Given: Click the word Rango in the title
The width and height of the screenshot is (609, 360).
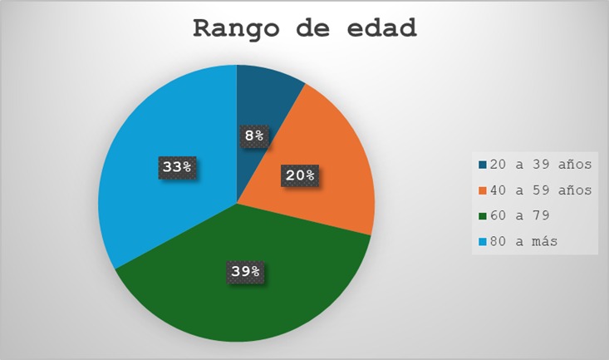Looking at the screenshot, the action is (236, 29).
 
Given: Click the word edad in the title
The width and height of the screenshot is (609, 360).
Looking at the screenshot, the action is (382, 28).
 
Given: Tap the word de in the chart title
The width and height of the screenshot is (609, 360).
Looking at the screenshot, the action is (313, 28).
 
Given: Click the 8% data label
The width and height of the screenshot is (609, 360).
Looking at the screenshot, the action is (254, 136).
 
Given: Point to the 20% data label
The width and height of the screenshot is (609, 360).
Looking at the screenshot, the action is (300, 175).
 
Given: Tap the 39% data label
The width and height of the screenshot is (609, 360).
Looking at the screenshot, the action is (245, 271).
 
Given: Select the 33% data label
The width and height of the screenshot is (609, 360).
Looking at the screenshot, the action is (177, 167).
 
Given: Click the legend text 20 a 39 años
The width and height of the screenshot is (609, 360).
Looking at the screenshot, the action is (541, 165).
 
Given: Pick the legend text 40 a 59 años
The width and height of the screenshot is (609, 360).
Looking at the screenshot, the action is (541, 190).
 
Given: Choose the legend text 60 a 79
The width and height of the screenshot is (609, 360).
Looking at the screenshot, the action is (519, 215).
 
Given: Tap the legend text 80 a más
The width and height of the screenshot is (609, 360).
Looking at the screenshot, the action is (523, 241).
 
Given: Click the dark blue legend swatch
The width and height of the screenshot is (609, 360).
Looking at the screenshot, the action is (483, 165).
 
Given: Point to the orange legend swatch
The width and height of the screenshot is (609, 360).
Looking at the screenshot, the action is (483, 190).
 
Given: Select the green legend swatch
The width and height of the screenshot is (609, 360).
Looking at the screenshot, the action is (483, 216).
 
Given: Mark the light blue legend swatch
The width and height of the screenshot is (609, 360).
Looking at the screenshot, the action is (483, 242).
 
